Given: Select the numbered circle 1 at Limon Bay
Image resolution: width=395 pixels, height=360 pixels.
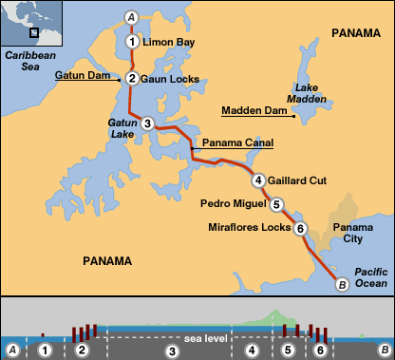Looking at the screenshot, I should [131, 42].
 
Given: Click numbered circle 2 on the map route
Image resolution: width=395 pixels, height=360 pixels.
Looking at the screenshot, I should [132, 79].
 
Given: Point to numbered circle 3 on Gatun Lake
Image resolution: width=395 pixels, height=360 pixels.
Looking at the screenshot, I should [147, 123].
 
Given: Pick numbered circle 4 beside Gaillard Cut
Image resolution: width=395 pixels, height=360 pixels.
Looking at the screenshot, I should [257, 180].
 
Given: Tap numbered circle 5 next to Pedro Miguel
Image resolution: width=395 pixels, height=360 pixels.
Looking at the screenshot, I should [276, 203].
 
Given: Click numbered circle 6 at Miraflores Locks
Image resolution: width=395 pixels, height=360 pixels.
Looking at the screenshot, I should [299, 228].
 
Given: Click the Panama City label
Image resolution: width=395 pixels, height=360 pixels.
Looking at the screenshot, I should [349, 234].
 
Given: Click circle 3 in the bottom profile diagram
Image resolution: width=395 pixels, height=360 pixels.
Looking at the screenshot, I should [172, 351].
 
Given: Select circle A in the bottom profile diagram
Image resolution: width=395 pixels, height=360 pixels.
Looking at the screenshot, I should [12, 351].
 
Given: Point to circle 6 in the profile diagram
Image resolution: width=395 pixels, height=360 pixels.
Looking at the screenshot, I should [321, 351].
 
